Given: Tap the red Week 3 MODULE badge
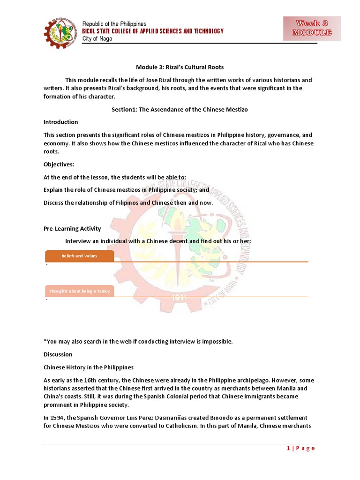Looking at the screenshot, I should [x=312, y=28].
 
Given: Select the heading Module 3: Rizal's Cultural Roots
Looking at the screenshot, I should [x=180, y=67].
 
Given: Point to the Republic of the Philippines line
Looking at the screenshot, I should [x=114, y=24].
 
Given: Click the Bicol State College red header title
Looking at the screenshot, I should [x=153, y=31].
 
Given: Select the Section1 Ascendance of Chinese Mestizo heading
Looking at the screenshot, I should [x=180, y=109].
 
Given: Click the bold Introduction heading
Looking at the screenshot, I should [x=61, y=122].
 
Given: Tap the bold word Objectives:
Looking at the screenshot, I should [x=59, y=165].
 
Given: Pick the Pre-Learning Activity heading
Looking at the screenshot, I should [x=72, y=229].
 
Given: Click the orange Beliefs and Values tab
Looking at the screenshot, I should [x=79, y=256].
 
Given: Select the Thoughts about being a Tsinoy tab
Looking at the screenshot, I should [x=79, y=291].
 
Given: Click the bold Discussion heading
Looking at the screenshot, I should [x=58, y=354].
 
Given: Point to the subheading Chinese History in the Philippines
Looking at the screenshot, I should [x=89, y=367].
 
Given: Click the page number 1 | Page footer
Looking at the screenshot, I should [x=300, y=448].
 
